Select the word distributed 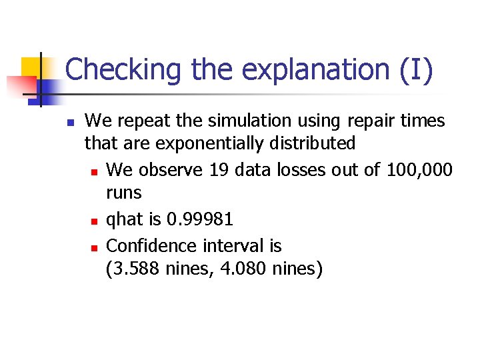[x=316, y=143]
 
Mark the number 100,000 [x=419, y=170]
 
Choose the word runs [x=124, y=193]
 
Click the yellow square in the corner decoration [x=31, y=67]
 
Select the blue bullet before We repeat [x=69, y=123]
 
